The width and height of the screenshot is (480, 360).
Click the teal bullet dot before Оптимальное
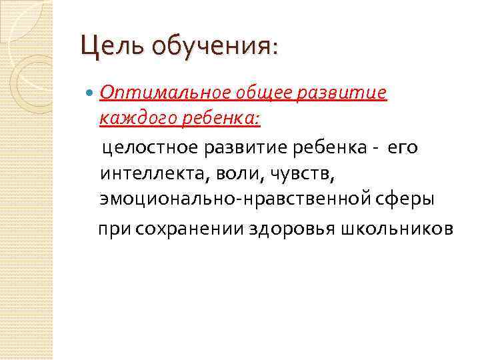coord(91,93)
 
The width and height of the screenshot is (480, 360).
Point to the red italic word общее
coord(241,93)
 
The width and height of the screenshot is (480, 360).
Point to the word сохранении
coord(190,229)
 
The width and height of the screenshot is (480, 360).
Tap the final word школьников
coord(397,229)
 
